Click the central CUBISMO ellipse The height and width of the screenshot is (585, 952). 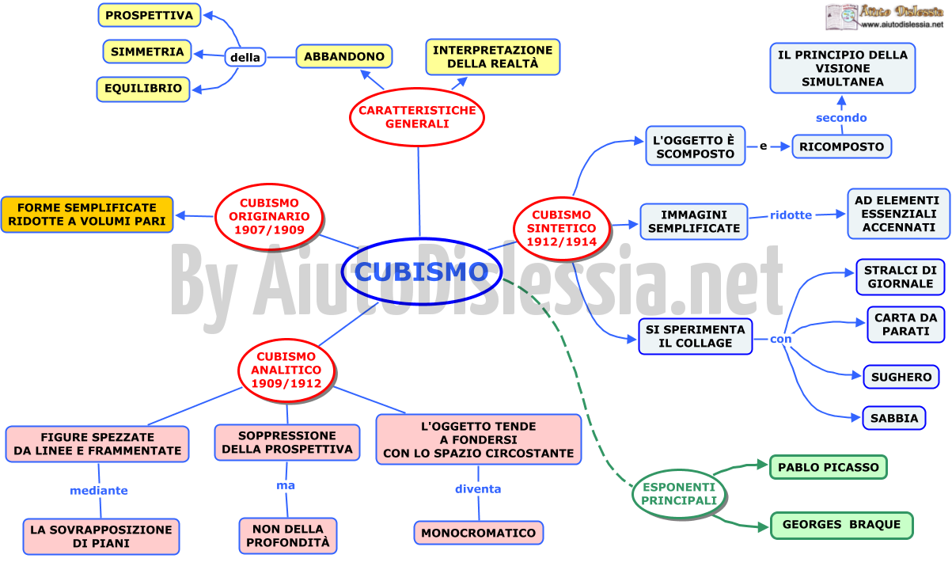(422, 272)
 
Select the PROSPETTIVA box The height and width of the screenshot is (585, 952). (150, 15)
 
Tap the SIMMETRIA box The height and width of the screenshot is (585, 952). (147, 52)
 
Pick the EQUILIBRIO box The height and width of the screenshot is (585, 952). (143, 89)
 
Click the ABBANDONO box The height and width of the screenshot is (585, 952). (343, 56)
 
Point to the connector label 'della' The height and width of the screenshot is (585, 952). (245, 57)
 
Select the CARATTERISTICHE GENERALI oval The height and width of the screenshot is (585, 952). (417, 117)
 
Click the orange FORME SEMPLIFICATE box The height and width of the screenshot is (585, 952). (87, 215)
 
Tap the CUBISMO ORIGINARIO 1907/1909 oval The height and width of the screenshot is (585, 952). (269, 216)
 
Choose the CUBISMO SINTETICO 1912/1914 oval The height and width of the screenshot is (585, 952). (561, 228)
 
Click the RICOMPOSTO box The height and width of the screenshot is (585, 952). (841, 146)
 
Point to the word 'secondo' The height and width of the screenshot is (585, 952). (841, 118)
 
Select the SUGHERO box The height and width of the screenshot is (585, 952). (901, 377)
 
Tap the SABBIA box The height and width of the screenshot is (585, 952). (893, 418)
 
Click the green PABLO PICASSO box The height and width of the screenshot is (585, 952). (829, 467)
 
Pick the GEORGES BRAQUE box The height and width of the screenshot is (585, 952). (841, 525)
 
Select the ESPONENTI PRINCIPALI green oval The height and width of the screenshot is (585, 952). (679, 494)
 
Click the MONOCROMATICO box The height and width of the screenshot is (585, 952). (479, 533)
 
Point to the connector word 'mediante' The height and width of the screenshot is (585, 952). (99, 491)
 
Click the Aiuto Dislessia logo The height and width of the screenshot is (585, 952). (884, 17)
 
